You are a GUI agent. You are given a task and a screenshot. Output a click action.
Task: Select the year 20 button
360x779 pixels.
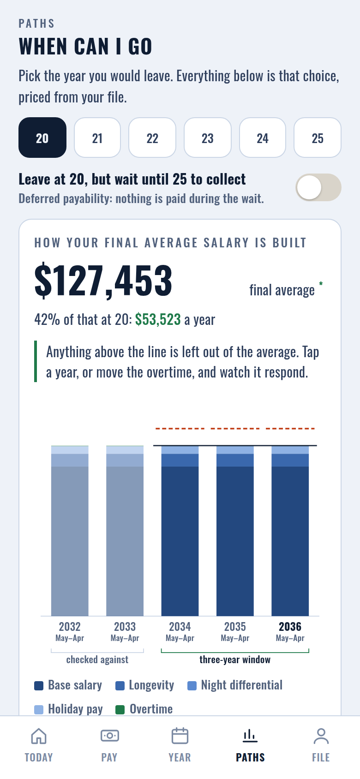point(42,138)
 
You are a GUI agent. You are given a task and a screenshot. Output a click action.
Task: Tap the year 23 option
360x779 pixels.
point(208,138)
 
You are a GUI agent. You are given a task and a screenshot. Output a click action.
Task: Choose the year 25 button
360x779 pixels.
point(318,138)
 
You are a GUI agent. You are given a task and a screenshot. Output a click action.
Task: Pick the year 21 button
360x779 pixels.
point(97,138)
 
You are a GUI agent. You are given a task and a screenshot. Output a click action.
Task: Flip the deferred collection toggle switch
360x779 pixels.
point(318,187)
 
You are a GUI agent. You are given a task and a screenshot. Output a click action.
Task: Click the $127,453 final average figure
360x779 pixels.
point(103,280)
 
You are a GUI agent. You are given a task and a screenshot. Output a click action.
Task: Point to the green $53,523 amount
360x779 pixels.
point(158,319)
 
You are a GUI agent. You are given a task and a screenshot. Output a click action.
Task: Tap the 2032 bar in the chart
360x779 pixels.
point(70,531)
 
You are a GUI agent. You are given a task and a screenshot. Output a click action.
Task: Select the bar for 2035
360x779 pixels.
point(235,531)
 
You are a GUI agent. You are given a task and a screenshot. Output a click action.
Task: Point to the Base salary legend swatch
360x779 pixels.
point(39,686)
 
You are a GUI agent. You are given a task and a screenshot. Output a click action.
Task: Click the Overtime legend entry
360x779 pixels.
point(144,709)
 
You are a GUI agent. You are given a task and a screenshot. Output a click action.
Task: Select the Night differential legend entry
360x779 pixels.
point(235,685)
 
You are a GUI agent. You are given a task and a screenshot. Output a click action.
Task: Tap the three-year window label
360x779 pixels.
point(235,660)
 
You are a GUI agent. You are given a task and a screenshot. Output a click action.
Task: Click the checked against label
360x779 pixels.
point(97,660)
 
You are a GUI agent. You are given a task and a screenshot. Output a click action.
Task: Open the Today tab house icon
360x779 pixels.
point(39,736)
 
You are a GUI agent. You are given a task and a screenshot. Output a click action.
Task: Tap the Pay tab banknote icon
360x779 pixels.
point(109,736)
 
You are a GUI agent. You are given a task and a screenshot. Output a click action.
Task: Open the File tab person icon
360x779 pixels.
point(321,736)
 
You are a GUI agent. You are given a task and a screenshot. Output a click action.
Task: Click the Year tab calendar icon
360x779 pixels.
point(180,736)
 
